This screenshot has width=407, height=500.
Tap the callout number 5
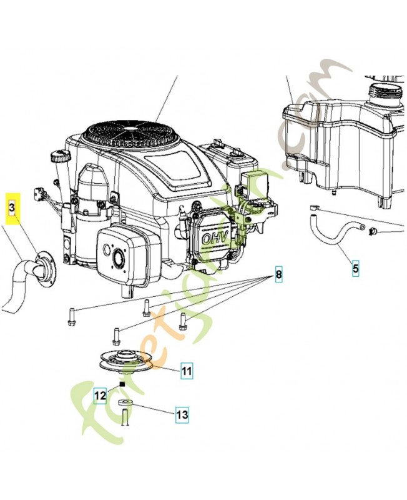coord(356,269)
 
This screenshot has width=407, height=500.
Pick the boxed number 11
coord(187,371)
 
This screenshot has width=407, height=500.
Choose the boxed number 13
coord(182,414)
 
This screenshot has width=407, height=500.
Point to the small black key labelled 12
coord(123,384)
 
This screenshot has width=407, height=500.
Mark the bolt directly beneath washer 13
coord(125,416)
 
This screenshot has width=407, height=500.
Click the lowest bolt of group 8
coord(115,336)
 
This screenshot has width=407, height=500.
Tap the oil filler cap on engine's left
coord(59,154)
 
